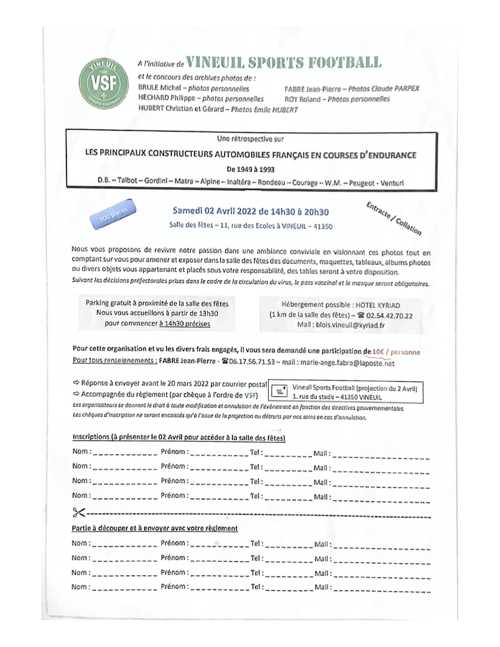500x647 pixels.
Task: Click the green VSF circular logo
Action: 103,82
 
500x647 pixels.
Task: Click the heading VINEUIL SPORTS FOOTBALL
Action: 284,63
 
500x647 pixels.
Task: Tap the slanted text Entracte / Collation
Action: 393,218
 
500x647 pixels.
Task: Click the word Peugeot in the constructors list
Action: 362,183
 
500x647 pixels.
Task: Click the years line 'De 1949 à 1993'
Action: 251,169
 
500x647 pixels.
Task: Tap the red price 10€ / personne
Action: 396,352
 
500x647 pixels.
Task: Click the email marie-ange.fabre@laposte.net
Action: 347,363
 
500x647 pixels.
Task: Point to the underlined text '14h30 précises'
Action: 185,324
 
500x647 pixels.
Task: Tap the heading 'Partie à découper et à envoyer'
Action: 155,528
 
